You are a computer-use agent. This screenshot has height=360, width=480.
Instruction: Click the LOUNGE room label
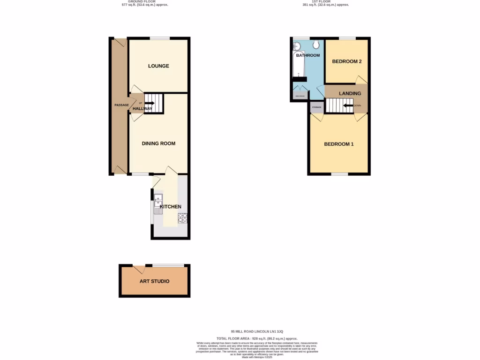point(158,66)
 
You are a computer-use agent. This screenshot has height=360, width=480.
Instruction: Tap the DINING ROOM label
point(158,143)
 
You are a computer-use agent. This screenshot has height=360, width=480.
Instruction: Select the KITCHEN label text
point(170,207)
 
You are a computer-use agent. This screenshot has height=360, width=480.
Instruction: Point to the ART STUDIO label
point(154,281)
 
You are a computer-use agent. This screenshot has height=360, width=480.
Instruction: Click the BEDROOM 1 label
point(339,144)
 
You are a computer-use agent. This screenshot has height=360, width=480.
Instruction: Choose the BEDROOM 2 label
point(347,61)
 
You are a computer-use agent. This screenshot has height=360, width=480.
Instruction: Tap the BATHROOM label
point(307,55)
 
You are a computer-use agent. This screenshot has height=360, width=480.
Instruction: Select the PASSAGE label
point(121,105)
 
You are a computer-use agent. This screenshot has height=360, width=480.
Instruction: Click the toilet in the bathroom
point(317,44)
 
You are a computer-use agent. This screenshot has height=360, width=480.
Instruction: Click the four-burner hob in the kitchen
point(182,217)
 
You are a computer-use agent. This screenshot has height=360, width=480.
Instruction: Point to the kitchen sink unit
point(158,203)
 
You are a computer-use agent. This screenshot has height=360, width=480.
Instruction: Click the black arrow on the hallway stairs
point(150,103)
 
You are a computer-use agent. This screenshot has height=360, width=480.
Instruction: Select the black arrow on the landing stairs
point(348,105)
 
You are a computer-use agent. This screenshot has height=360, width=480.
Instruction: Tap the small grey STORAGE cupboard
point(316,107)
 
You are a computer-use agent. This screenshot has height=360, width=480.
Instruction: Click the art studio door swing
point(139,270)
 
